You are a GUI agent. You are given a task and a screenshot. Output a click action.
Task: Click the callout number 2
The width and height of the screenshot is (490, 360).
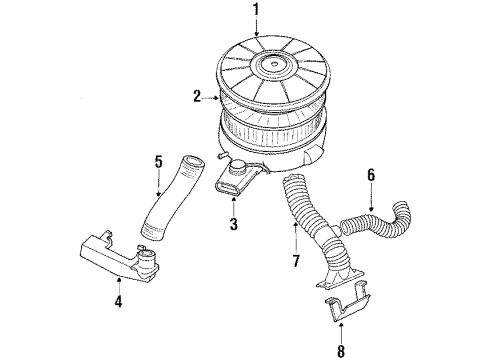click(197, 97)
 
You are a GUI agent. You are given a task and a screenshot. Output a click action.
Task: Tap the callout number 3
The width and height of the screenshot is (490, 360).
click(232, 225)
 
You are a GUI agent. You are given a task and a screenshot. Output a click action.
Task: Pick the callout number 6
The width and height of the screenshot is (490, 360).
click(370, 176)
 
